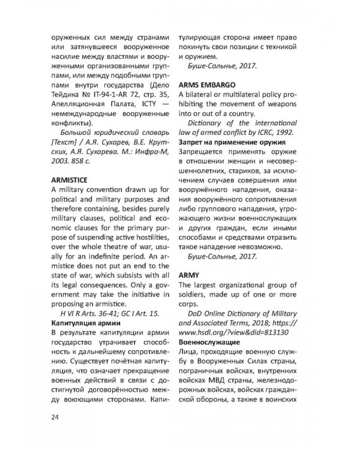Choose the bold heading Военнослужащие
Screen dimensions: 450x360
(208, 341)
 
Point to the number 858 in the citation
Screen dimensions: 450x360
(80, 161)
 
